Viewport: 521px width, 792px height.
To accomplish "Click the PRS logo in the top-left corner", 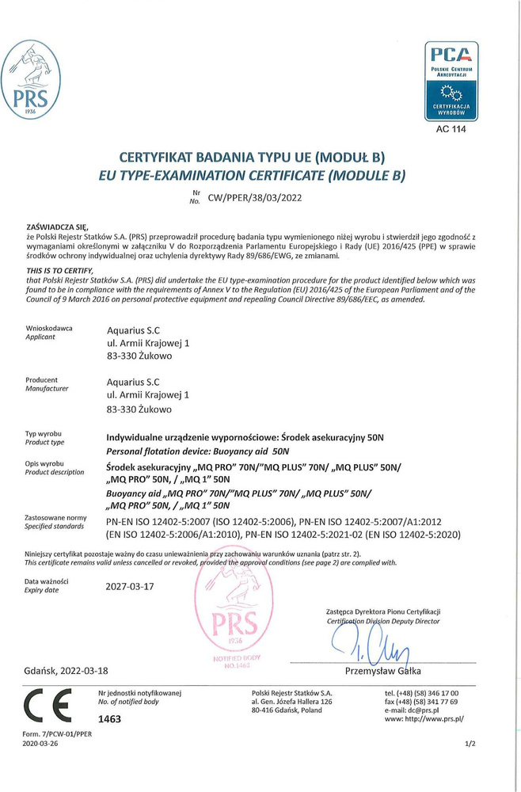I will (31, 79).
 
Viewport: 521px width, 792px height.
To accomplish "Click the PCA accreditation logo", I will (451, 80).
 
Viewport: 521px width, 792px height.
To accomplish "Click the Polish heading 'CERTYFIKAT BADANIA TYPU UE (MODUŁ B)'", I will (260, 157).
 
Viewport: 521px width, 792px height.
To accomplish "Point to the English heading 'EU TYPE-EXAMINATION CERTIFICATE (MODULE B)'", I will (260, 174).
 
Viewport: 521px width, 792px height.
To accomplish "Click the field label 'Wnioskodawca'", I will (49, 328).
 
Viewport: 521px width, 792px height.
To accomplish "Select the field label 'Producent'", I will (41, 380).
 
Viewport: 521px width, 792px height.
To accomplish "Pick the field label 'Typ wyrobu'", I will (44, 434).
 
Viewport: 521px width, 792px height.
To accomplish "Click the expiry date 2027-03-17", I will (131, 587).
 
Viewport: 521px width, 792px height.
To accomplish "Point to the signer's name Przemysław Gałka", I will (383, 671).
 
